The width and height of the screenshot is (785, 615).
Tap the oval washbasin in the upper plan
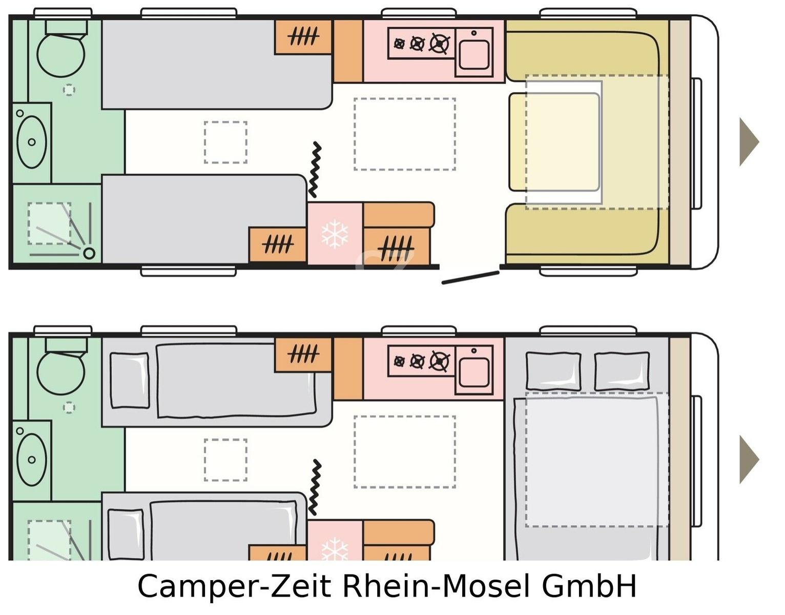coord(32,142)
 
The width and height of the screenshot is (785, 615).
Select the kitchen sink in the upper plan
coord(474,54)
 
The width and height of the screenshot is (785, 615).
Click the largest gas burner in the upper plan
coord(439,44)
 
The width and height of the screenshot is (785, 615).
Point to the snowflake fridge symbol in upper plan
coord(335,234)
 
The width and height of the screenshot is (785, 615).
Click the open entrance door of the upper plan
coord(470,278)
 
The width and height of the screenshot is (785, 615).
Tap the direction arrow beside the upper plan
coord(749,141)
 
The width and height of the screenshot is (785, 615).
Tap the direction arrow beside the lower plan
coord(749,459)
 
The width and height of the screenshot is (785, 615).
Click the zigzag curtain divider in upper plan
coord(315,170)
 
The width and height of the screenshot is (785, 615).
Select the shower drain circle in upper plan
coord(89,253)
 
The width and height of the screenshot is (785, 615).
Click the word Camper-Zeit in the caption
coord(234,586)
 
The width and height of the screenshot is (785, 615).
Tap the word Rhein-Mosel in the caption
coord(436,586)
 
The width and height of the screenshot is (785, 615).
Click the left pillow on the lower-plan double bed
coord(553,371)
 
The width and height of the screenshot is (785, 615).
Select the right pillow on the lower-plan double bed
coord(622,371)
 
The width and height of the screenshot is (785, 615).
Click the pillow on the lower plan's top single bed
coord(129,380)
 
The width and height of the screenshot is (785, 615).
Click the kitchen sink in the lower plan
coord(474,372)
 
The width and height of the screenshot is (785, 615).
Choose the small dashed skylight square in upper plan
coord(225,142)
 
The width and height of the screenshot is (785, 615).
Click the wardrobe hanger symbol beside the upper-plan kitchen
coord(303,36)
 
